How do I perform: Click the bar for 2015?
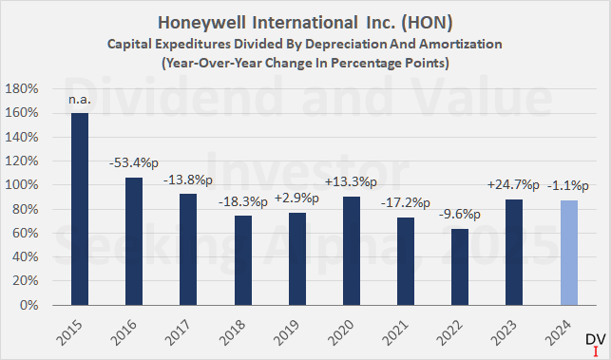pos(80,209)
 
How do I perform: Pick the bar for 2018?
pos(242,260)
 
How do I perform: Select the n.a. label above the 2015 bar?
pos(80,99)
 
